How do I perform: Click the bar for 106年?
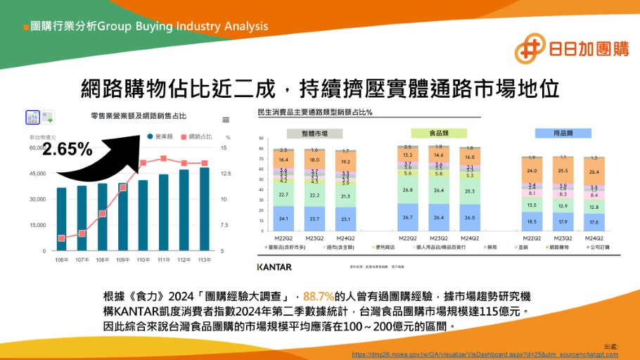tap(62, 219)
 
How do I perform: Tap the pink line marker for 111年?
tap(163, 159)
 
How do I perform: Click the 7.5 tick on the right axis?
tap(224, 225)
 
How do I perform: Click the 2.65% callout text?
tap(67, 149)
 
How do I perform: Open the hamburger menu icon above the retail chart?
tap(226, 120)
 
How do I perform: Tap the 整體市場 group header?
tap(314, 133)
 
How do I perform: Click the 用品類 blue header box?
tap(563, 133)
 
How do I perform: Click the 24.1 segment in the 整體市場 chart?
tap(283, 219)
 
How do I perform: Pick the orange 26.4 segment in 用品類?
tap(594, 172)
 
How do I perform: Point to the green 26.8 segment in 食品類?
tap(408, 190)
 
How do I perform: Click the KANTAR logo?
tap(274, 267)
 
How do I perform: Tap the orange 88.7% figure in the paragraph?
tap(319, 297)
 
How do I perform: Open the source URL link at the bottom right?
tap(485, 354)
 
